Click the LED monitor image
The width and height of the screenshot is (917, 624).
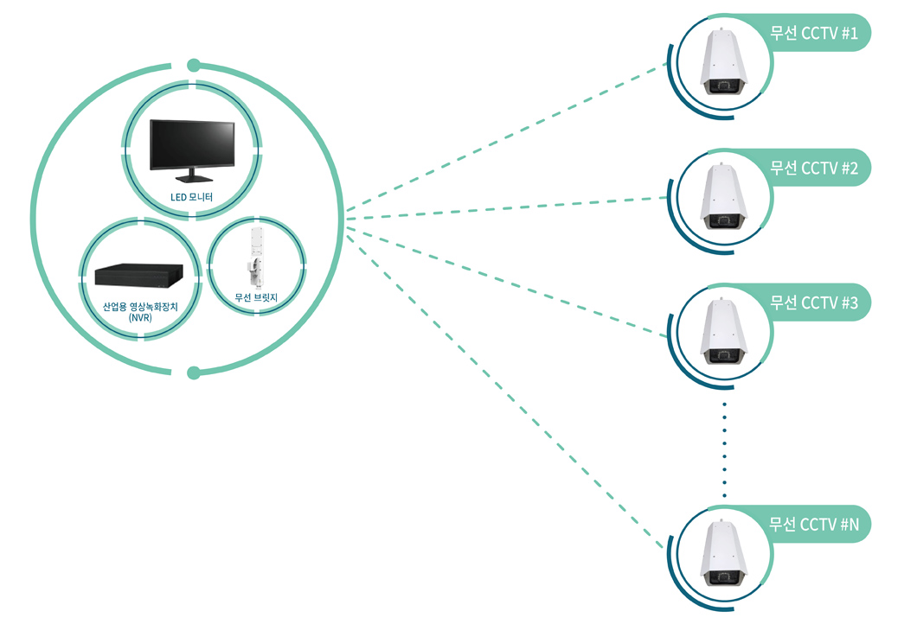(192, 150)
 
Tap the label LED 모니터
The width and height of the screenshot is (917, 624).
(191, 197)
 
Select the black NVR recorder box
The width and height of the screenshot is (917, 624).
(139, 275)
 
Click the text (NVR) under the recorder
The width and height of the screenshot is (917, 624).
(140, 318)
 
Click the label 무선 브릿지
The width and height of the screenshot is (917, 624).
(256, 297)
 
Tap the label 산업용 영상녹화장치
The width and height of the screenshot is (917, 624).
(140, 307)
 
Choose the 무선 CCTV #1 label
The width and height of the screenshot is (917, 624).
(814, 33)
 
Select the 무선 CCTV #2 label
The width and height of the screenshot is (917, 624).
(814, 169)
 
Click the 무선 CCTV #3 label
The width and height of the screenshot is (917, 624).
(814, 302)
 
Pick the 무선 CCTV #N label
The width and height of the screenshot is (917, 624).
(814, 524)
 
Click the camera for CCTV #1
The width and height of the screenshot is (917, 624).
(724, 62)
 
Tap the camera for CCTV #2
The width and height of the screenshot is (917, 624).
(724, 196)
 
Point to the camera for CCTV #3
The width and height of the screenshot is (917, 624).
(724, 331)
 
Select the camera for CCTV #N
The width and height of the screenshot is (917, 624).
(724, 553)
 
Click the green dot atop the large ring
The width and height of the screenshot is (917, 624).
(194, 66)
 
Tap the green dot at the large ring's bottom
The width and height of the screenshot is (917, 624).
(194, 372)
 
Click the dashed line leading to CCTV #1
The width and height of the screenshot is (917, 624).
(506, 137)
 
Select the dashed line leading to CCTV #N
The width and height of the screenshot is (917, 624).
(504, 391)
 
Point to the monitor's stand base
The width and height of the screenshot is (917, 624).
(192, 178)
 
